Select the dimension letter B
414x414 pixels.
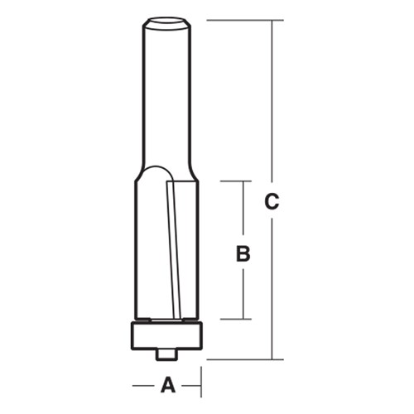(x=243, y=253)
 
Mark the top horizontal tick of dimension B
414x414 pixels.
(x=235, y=181)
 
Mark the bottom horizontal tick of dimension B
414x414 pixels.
(x=235, y=319)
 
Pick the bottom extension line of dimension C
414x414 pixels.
(x=244, y=359)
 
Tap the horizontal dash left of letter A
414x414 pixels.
(x=142, y=384)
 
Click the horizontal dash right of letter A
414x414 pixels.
(x=192, y=384)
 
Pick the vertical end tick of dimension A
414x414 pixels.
(x=201, y=384)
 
